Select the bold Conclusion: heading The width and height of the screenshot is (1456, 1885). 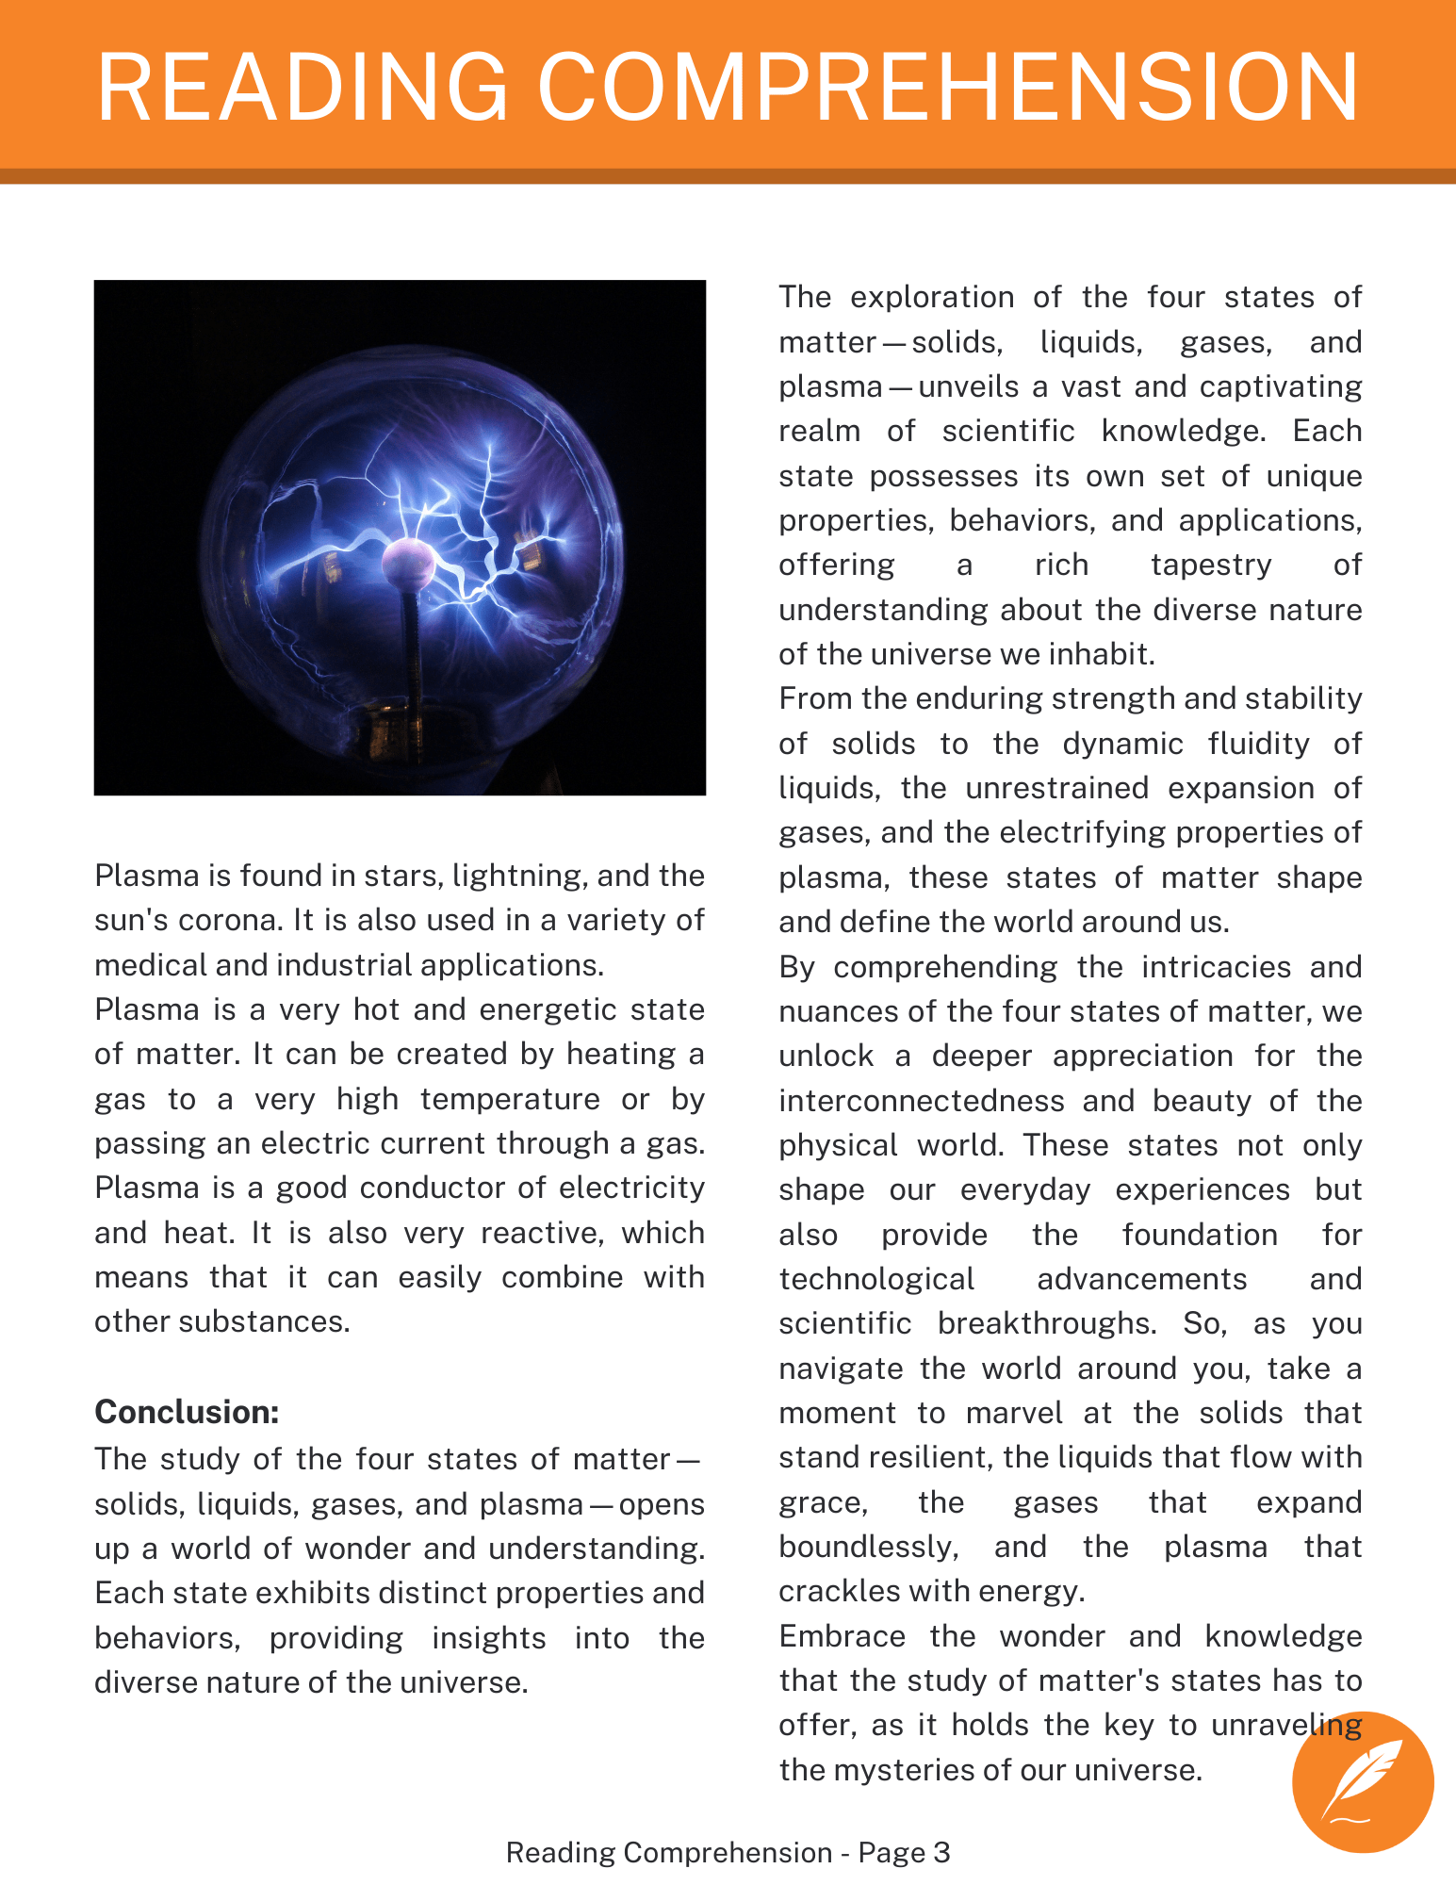pos(187,1412)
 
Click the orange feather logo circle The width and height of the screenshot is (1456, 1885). pos(1363,1782)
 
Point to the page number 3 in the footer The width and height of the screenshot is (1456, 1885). pos(941,1852)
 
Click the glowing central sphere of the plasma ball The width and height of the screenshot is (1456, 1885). pos(408,564)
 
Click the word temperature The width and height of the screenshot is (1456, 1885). pos(510,1099)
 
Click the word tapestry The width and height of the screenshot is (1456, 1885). pos(1211,565)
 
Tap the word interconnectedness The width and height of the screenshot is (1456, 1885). pos(922,1101)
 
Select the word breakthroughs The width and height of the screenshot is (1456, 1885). pos(1046,1323)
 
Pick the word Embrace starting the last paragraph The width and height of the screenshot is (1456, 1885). pos(842,1636)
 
